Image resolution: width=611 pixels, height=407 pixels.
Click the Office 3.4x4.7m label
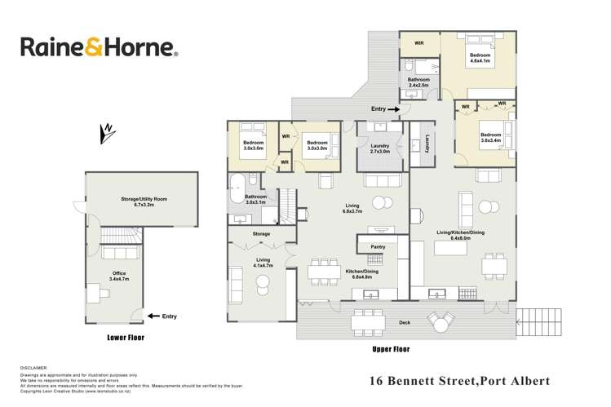119,275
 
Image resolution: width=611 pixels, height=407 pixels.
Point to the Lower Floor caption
125,336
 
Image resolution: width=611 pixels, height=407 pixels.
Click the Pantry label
377,246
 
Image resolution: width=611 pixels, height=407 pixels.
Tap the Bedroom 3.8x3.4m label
491,137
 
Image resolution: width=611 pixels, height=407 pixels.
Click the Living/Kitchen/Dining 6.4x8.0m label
462,235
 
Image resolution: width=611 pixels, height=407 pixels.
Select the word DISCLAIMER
34,368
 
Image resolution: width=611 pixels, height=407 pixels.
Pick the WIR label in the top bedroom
418,42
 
